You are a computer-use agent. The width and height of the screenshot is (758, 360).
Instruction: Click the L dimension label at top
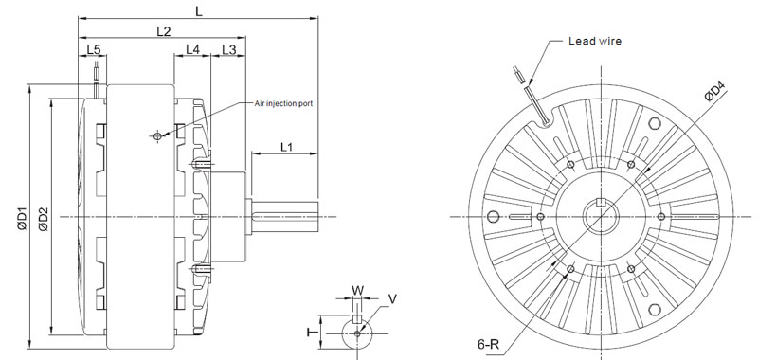coord(199,10)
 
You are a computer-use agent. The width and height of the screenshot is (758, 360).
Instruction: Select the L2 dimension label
coord(164,31)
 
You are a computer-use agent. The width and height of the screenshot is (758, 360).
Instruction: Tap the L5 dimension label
coord(93,49)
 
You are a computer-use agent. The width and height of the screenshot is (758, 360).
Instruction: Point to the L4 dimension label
coord(192,49)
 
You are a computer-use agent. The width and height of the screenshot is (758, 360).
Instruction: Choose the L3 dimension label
coord(228,49)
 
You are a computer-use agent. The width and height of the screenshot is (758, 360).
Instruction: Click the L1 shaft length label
coord(287,147)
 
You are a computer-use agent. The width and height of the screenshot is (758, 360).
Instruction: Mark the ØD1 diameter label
coord(22,218)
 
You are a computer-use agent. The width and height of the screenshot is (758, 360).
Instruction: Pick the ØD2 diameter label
coord(43,219)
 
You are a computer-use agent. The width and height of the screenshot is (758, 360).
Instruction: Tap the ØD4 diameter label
coord(715,92)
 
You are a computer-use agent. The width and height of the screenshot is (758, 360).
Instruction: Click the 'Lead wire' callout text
coord(595,41)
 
